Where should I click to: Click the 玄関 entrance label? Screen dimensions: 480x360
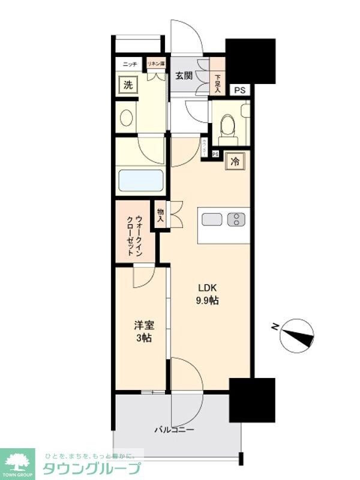(184, 76)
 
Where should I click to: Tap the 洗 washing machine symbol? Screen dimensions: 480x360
(128, 85)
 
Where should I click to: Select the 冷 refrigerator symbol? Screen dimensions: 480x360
(236, 161)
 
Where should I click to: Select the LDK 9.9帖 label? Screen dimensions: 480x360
(206, 294)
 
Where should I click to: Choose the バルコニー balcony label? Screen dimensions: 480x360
(174, 430)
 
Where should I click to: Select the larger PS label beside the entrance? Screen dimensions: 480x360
(239, 91)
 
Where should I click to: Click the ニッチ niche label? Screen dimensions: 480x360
(130, 64)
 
